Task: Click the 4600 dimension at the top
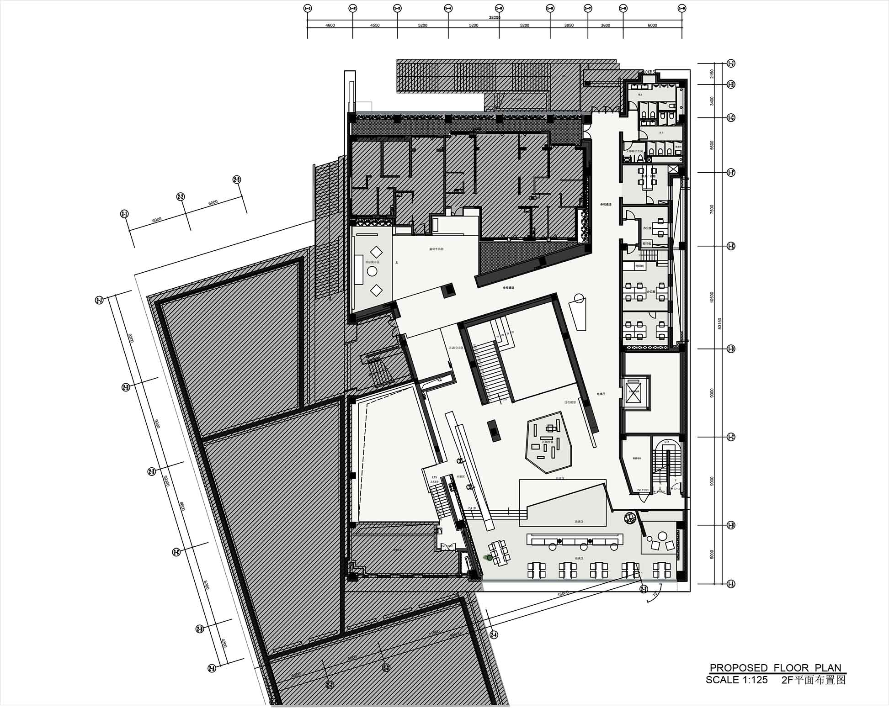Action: pyautogui.click(x=330, y=26)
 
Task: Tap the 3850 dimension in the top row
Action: pyautogui.click(x=569, y=26)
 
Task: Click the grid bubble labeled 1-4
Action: pyautogui.click(x=448, y=8)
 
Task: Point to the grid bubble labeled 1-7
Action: pyautogui.click(x=588, y=8)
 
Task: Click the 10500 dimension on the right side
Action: pyautogui.click(x=712, y=297)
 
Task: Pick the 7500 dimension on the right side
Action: pyautogui.click(x=712, y=209)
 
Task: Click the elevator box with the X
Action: pyautogui.click(x=634, y=392)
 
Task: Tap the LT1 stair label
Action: pyautogui.click(x=667, y=442)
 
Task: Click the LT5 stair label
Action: pyautogui.click(x=434, y=477)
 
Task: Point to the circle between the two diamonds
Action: pyautogui.click(x=372, y=271)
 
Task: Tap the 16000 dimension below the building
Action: pyautogui.click(x=563, y=593)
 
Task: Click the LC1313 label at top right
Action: pyautogui.click(x=649, y=72)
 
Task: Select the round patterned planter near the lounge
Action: pyautogui.click(x=630, y=518)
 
